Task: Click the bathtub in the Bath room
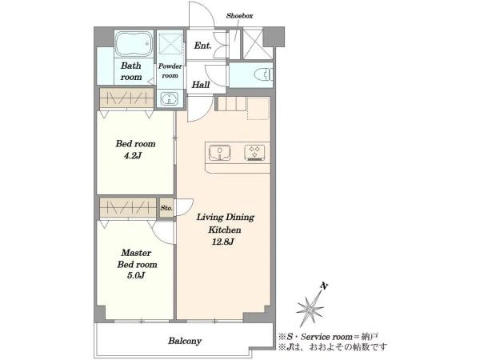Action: pos(134,43)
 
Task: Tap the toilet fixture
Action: pos(263,74)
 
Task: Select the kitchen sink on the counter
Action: pos(219,153)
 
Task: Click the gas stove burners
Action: pos(254,153)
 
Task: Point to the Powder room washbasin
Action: pos(170,99)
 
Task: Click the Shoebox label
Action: pos(239,16)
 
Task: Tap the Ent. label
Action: pos(202,46)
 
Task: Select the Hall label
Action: pos(201,85)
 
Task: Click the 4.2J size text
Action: pos(133,156)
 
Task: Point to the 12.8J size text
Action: pos(223,242)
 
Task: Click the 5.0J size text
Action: pos(136,275)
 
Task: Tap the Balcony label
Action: pos(185,341)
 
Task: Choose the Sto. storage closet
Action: pos(166,208)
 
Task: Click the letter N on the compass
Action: pos(324,286)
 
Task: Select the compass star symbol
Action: pos(310,308)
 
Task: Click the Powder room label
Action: pos(170,70)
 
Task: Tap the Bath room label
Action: pos(131,71)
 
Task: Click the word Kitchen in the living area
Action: pos(225,230)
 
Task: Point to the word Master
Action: pos(136,253)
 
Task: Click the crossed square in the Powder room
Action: pos(170,42)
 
